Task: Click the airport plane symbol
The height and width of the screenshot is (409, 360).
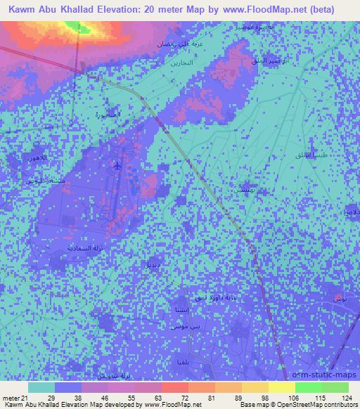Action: pos(116,166)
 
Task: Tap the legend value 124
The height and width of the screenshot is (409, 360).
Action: pos(347,398)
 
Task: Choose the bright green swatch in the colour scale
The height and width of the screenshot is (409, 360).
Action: pos(308,387)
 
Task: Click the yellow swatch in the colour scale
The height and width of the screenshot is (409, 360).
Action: pos(282,387)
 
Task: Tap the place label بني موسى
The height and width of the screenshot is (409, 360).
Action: pos(174,327)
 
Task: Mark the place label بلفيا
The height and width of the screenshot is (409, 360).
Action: pos(182,361)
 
